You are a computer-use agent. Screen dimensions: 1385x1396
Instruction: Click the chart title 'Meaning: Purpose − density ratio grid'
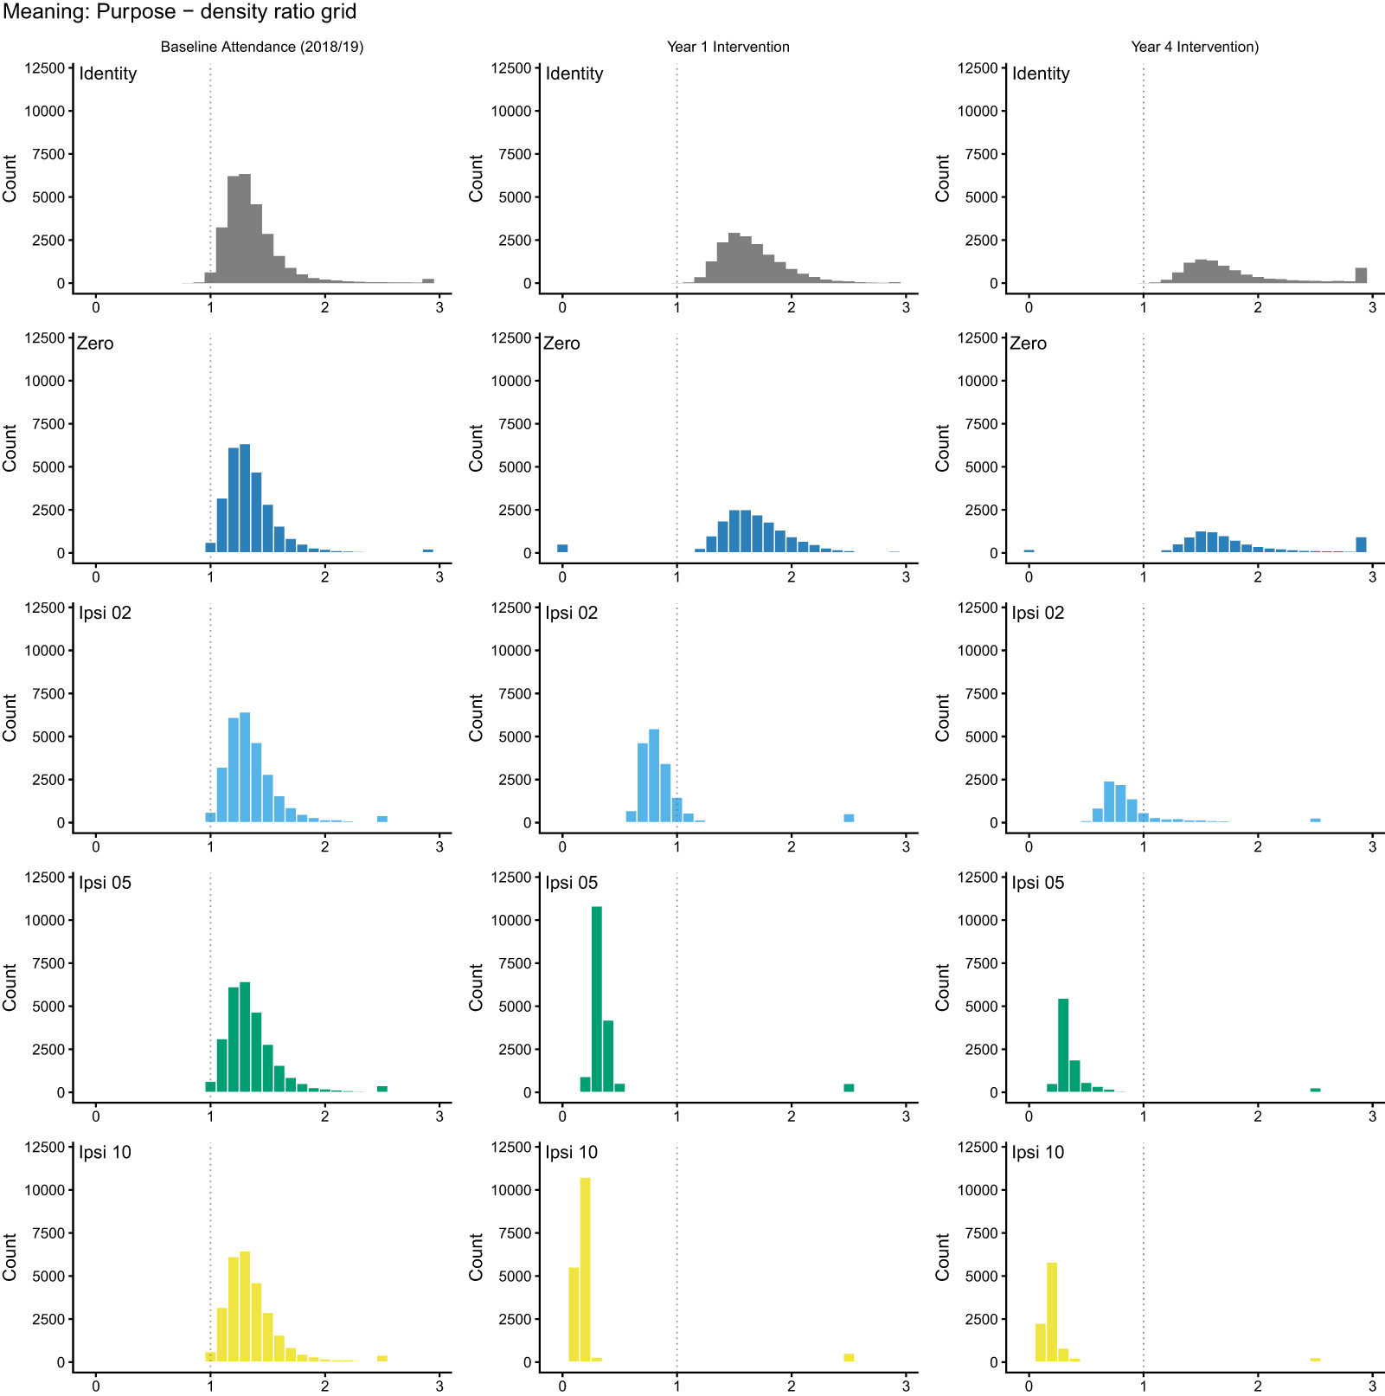click(x=180, y=12)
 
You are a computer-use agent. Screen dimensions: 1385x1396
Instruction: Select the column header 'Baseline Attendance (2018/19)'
click(x=262, y=47)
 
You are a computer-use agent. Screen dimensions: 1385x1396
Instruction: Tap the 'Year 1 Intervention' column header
click(x=728, y=47)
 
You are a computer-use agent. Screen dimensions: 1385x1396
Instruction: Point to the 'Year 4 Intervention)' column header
click(x=1195, y=47)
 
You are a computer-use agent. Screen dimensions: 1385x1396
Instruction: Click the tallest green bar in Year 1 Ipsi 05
click(x=597, y=1000)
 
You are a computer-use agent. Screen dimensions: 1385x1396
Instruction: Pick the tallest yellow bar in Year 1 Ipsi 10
click(x=586, y=1270)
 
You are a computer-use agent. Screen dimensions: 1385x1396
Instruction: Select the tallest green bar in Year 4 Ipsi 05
click(x=1063, y=1045)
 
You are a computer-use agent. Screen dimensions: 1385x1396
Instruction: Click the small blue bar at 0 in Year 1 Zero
click(x=562, y=548)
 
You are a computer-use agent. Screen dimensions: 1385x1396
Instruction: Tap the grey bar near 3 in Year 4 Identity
click(x=1362, y=275)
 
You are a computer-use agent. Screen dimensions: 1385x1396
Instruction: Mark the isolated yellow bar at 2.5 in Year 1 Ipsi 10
click(x=849, y=1358)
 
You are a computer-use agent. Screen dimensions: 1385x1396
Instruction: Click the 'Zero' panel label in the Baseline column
click(x=95, y=344)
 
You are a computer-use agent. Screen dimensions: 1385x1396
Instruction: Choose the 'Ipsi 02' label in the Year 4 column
click(x=1038, y=613)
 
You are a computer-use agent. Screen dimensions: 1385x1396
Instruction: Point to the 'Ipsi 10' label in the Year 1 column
click(x=572, y=1152)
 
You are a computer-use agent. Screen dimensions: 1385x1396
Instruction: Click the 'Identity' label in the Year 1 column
click(x=574, y=74)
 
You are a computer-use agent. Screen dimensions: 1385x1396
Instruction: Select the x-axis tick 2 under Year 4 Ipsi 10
click(x=1258, y=1385)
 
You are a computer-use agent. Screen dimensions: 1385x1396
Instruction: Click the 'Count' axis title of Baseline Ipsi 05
click(x=10, y=987)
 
